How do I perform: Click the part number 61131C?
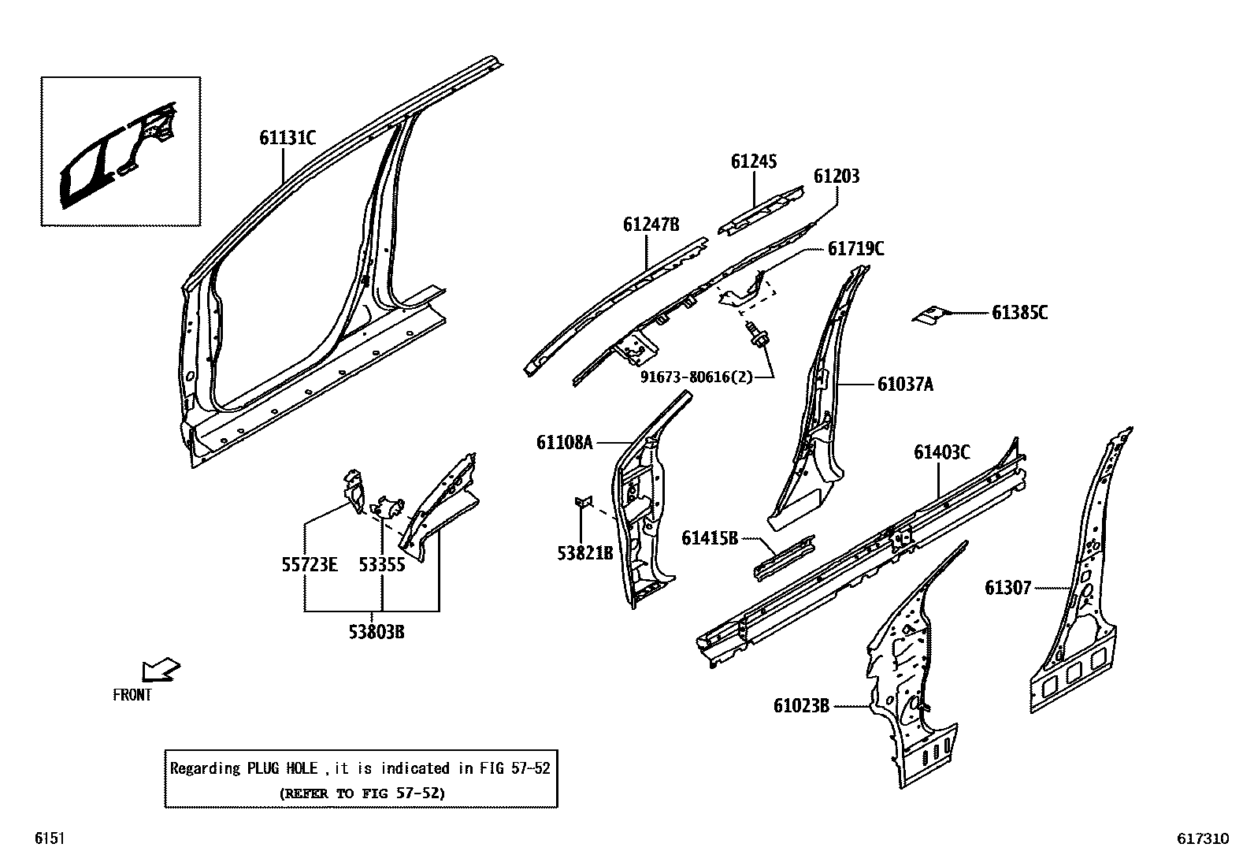point(288,139)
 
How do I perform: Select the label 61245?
point(754,162)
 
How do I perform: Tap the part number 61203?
point(837,177)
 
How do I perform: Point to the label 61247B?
point(651,225)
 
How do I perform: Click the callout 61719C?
point(855,249)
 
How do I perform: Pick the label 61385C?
point(1019,313)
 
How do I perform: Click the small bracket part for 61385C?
point(929,314)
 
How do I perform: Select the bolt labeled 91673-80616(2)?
point(758,336)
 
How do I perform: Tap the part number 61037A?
point(905,385)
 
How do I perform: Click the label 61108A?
point(564,443)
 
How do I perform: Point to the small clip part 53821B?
point(584,503)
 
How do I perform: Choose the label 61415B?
point(710,538)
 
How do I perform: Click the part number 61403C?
point(941,452)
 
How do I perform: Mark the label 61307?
point(1007,588)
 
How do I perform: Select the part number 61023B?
point(801,706)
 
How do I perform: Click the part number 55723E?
point(310,565)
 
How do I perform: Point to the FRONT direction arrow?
point(160,671)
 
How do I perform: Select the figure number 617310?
point(1203,839)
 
